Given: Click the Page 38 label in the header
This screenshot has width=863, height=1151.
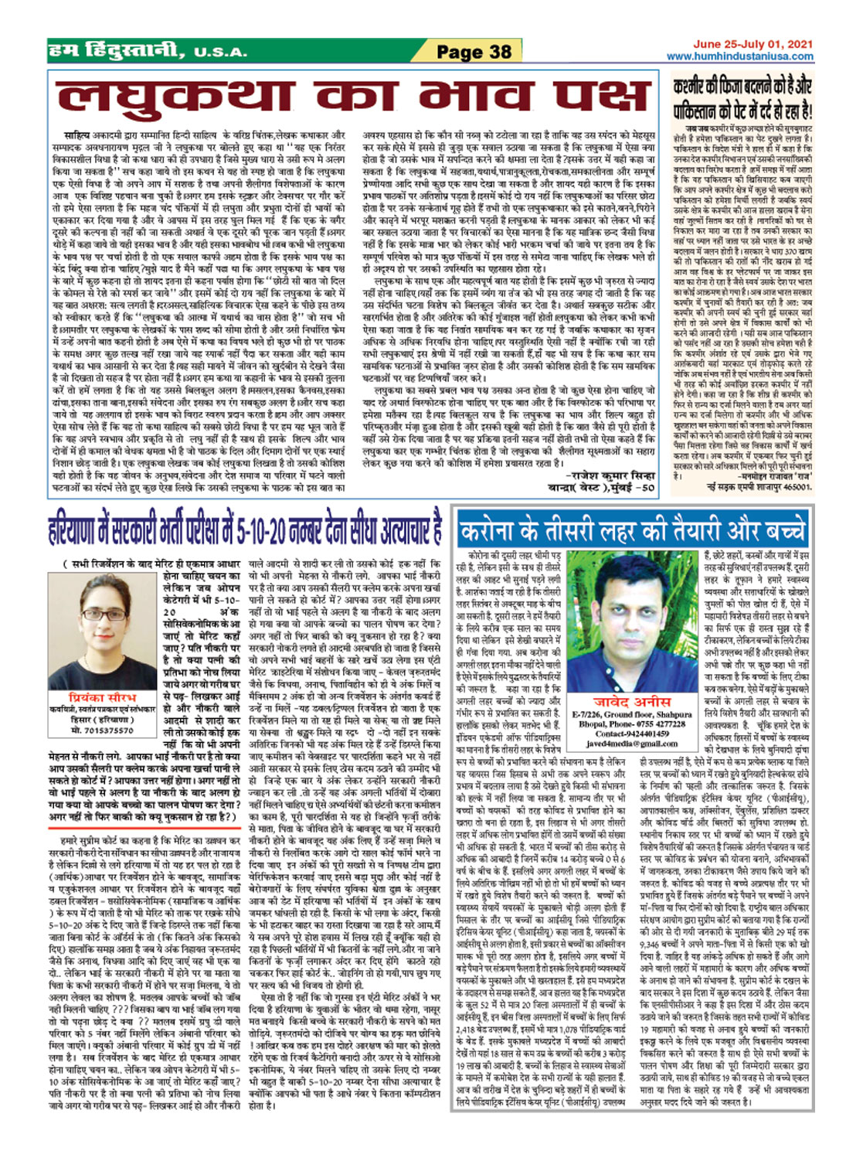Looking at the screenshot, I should tap(474, 53).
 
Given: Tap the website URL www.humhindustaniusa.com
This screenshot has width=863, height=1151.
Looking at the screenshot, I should tap(739, 56).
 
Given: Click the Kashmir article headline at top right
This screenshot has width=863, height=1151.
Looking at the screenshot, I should tap(742, 98).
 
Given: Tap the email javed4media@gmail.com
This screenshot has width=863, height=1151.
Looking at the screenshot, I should tap(631, 744).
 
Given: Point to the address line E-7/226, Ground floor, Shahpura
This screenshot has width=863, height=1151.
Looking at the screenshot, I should tap(632, 715).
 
